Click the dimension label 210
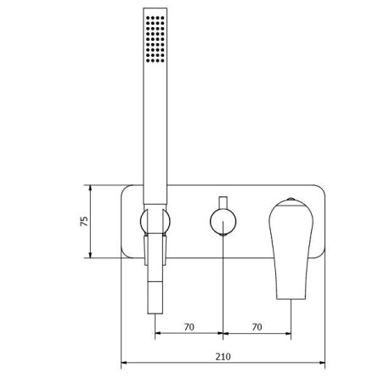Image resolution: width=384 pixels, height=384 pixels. point(223,357)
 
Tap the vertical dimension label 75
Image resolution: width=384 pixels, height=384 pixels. point(84,221)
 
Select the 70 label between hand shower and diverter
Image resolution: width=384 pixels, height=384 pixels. point(189,327)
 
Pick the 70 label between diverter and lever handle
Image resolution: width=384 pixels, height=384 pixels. point(257,327)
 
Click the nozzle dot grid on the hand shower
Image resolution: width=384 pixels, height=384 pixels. point(155,39)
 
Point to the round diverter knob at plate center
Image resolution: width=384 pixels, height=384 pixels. point(223,222)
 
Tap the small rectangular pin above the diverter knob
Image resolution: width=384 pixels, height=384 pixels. point(223,202)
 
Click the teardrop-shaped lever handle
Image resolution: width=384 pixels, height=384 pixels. point(291,249)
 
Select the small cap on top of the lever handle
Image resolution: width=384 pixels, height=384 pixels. point(291,200)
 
